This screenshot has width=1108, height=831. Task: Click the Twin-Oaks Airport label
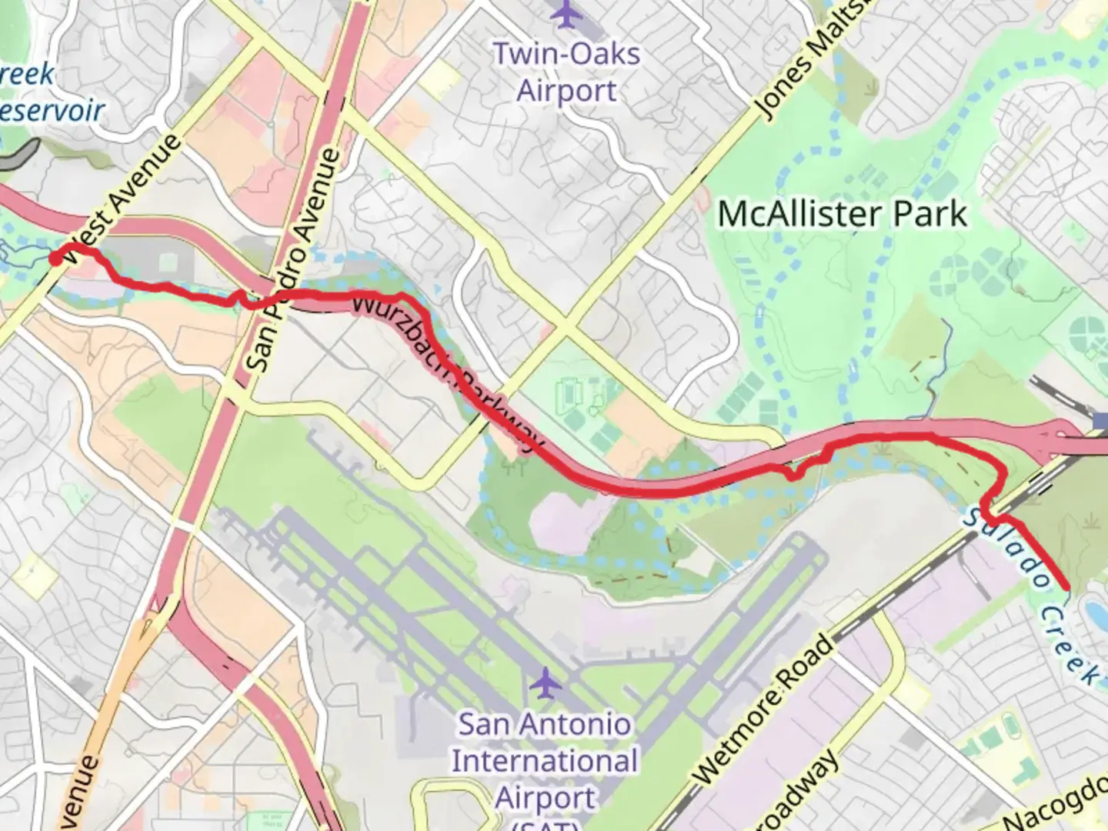click(566, 72)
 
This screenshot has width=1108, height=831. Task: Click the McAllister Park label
click(842, 213)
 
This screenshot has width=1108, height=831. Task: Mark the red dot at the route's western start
click(56, 259)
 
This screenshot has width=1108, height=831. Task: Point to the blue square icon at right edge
click(1100, 420)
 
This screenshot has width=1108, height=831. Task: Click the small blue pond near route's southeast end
click(1093, 612)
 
